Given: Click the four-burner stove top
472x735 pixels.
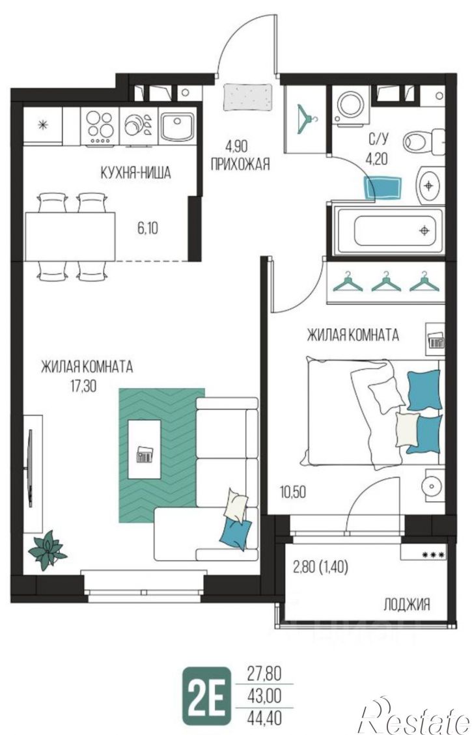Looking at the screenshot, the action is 100,126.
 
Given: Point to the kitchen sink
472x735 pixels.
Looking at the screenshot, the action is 177,126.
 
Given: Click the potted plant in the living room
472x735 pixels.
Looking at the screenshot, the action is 48,550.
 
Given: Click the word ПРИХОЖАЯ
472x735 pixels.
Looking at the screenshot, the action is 240,165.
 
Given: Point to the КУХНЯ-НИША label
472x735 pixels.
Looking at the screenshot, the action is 136,173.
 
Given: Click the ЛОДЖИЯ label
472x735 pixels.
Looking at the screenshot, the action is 407,605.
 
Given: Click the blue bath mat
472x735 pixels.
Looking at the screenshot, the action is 383,188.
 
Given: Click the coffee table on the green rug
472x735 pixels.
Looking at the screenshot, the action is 145,449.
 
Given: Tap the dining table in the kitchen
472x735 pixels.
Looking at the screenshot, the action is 70,237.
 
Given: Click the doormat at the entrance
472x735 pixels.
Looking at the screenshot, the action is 248,98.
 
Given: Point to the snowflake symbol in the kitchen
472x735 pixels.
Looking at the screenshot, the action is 43,125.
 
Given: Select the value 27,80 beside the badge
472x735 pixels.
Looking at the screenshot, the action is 264,675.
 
